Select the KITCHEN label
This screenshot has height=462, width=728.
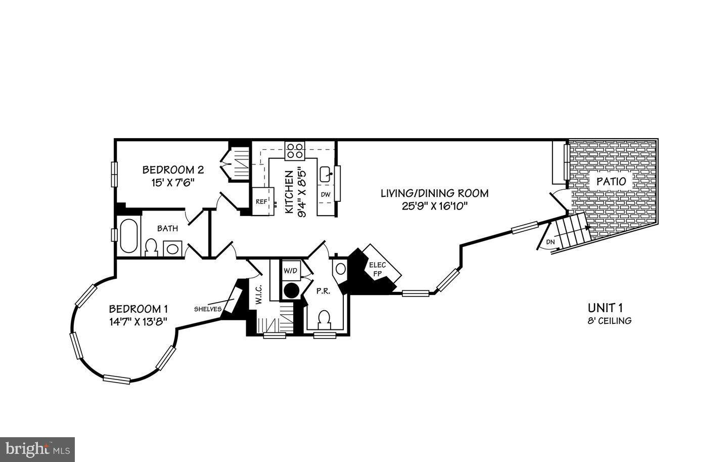click(289, 192)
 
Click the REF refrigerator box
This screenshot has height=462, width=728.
click(262, 201)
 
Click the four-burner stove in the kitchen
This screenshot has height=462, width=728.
click(295, 150)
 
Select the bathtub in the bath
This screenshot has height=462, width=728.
click(129, 236)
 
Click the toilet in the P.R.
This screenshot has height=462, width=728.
click(324, 318)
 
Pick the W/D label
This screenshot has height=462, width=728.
click(290, 271)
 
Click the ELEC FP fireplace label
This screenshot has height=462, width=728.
click(377, 269)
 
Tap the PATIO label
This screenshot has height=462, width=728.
click(611, 181)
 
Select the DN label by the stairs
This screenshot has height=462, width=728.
click(551, 242)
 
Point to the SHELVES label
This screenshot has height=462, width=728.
click(208, 309)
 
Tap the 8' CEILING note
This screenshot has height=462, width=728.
click(610, 321)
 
